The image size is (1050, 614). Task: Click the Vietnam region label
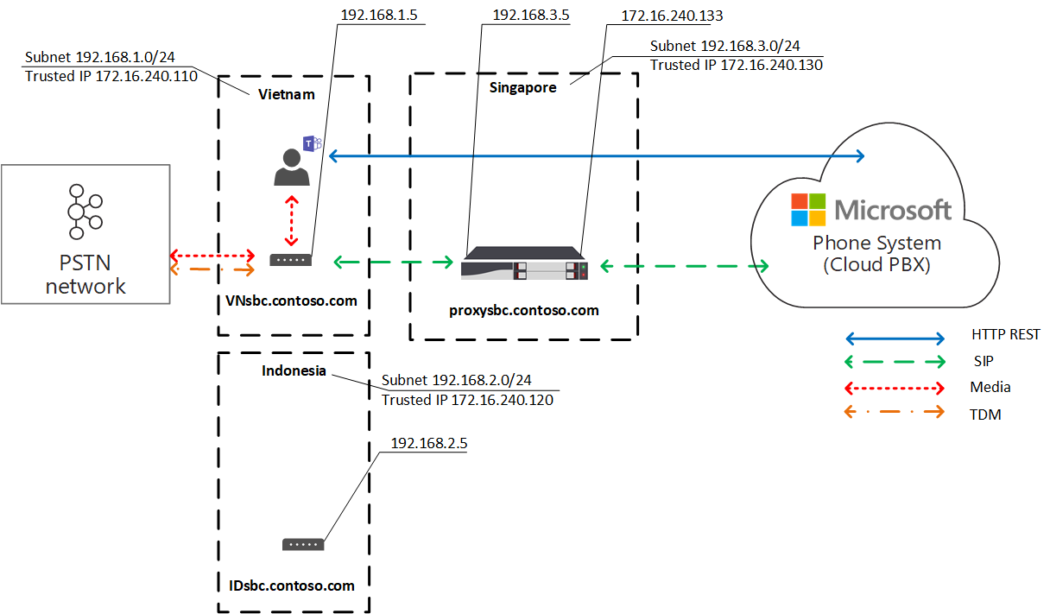(x=287, y=94)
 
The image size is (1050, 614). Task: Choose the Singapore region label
(x=523, y=87)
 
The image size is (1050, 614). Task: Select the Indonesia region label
(x=294, y=370)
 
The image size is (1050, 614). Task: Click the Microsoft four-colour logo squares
(x=810, y=210)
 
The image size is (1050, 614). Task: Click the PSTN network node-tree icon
(x=85, y=212)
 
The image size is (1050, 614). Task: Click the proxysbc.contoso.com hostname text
(x=524, y=310)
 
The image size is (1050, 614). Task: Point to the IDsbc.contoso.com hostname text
(x=286, y=586)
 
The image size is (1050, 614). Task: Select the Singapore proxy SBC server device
(x=524, y=263)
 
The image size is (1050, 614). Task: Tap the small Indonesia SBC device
(x=303, y=544)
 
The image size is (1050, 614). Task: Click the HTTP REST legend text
(x=1005, y=335)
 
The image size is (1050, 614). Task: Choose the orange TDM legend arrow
(x=895, y=413)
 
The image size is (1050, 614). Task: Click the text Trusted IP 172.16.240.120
(x=467, y=400)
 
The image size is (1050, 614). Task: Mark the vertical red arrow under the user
(x=292, y=222)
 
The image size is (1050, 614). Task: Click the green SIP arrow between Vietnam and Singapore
(x=394, y=261)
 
